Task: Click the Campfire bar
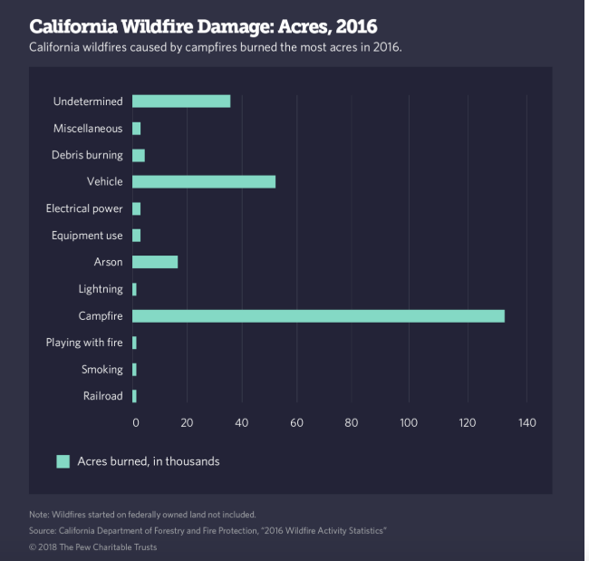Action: (x=318, y=316)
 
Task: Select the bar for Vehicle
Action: (x=204, y=182)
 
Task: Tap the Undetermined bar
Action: (x=181, y=102)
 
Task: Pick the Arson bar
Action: (x=155, y=262)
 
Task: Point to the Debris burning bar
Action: (x=139, y=155)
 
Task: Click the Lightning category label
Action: (x=101, y=289)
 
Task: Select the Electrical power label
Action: (x=84, y=208)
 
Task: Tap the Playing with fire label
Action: (x=84, y=343)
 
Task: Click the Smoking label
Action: (x=101, y=370)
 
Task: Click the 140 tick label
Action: (x=526, y=422)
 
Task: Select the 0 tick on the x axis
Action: (x=136, y=422)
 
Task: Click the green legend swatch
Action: (x=63, y=461)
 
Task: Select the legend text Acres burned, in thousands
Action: (x=149, y=461)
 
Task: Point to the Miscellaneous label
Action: (x=87, y=129)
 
